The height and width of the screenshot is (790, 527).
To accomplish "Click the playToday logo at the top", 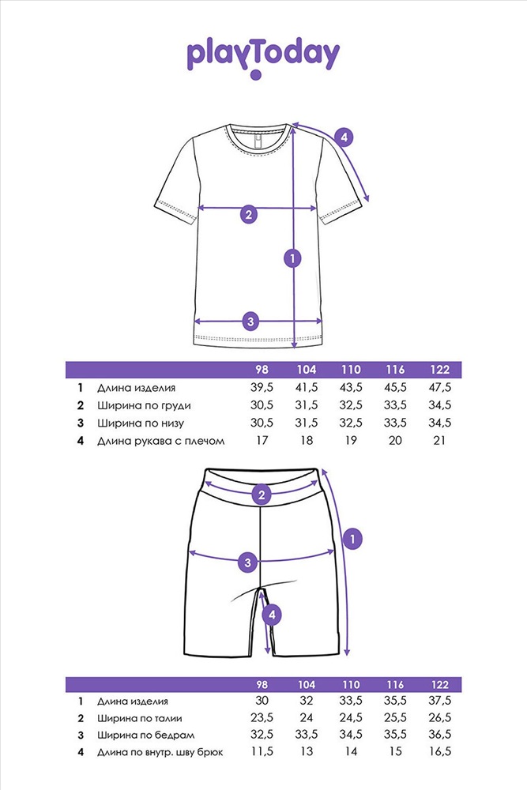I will click(263, 57).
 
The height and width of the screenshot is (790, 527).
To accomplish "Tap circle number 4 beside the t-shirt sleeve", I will click(343, 137).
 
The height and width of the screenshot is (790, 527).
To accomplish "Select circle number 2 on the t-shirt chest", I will click(248, 214).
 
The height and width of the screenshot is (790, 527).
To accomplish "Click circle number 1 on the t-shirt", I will click(293, 258).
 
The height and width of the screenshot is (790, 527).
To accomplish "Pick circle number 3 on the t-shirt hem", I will click(250, 321).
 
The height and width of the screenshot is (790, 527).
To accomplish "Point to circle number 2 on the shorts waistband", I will click(262, 495).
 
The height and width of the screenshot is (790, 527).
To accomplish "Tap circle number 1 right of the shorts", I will click(353, 539).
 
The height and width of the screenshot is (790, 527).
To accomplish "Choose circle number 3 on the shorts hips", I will click(248, 562).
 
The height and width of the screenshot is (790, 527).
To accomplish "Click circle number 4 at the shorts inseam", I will click(271, 614).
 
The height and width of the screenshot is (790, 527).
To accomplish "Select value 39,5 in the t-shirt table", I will click(262, 388).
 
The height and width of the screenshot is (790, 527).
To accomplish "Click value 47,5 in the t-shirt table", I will click(439, 388).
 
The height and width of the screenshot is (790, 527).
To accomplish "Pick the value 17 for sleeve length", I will click(262, 440).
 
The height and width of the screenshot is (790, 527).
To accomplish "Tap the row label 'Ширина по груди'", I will click(144, 405).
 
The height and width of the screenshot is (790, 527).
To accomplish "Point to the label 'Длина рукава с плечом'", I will click(162, 440).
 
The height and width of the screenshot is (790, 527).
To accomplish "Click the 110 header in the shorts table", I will click(350, 684).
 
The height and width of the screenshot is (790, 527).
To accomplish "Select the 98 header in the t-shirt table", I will click(262, 370).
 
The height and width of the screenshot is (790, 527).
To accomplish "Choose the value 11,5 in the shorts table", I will click(262, 753).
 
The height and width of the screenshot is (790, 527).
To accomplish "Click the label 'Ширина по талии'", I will click(144, 718).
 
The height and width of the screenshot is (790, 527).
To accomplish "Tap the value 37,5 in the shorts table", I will click(439, 701).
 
